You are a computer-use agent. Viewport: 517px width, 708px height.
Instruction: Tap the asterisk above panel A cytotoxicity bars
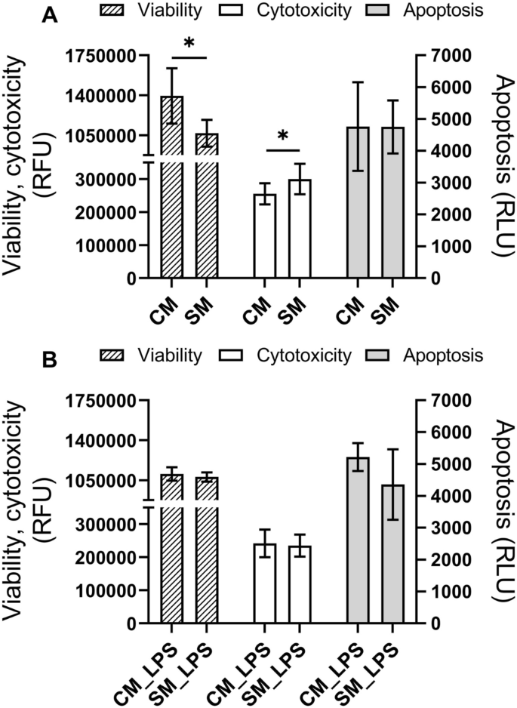pos(282,137)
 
